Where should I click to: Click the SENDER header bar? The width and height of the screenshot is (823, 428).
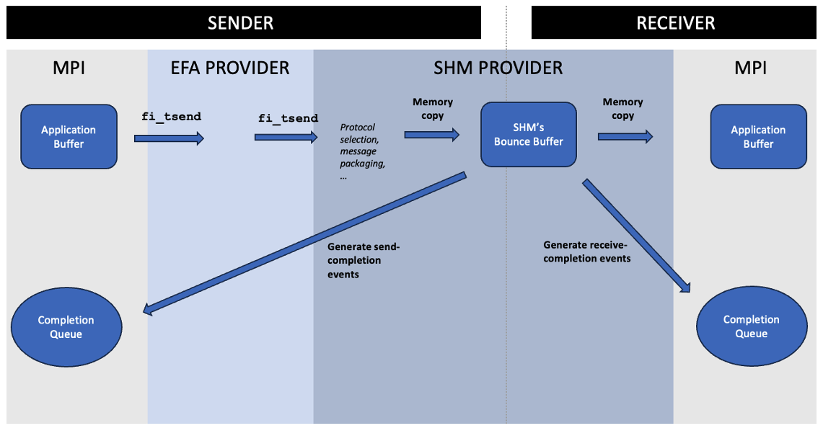pyautogui.click(x=240, y=22)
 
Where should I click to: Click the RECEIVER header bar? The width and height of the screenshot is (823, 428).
pyautogui.click(x=675, y=22)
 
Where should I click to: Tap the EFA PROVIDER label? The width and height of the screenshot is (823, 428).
pyautogui.click(x=230, y=68)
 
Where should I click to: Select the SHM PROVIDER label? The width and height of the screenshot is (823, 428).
pyautogui.click(x=498, y=68)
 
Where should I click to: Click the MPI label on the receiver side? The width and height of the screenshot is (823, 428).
pyautogui.click(x=750, y=68)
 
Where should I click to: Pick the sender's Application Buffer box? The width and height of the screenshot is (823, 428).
pyautogui.click(x=69, y=137)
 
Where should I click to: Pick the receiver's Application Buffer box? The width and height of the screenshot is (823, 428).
pyautogui.click(x=758, y=137)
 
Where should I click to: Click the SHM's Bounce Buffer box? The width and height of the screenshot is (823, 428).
pyautogui.click(x=529, y=135)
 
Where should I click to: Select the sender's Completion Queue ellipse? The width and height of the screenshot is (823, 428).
pyautogui.click(x=66, y=327)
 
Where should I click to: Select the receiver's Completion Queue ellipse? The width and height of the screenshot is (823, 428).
pyautogui.click(x=752, y=326)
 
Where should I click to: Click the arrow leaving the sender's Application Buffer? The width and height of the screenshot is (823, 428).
pyautogui.click(x=169, y=138)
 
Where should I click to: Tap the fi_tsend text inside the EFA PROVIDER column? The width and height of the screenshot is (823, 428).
pyautogui.click(x=288, y=118)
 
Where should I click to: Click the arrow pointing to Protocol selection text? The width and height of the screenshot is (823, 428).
pyautogui.click(x=286, y=137)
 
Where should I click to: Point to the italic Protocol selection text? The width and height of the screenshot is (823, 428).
pyautogui.click(x=362, y=151)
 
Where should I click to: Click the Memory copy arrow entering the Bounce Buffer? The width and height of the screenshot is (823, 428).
pyautogui.click(x=431, y=135)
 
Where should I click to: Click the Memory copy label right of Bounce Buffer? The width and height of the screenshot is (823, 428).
pyautogui.click(x=622, y=109)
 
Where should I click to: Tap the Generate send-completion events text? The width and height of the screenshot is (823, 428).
pyautogui.click(x=364, y=260)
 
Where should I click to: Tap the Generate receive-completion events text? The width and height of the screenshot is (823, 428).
pyautogui.click(x=587, y=251)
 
